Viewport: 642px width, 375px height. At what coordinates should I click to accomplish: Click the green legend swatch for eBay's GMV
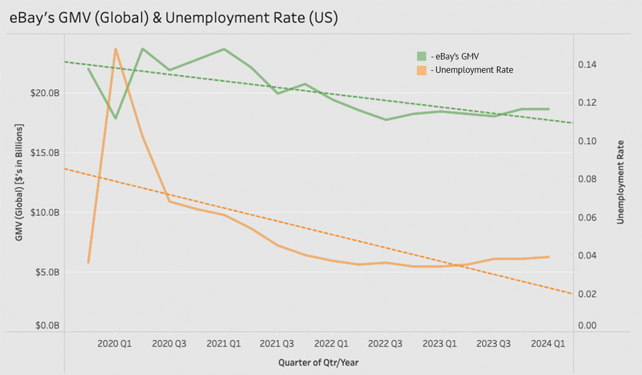(x=422, y=56)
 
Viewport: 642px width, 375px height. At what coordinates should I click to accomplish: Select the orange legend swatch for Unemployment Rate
(x=422, y=70)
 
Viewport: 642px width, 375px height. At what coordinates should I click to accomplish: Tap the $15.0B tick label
(x=44, y=153)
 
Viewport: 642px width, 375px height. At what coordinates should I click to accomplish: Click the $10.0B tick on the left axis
(x=44, y=213)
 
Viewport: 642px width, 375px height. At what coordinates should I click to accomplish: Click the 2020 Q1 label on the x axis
(x=115, y=343)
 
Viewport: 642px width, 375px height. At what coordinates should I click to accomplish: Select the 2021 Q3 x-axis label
(x=277, y=343)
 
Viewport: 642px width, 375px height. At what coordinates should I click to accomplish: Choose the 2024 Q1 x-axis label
(x=548, y=343)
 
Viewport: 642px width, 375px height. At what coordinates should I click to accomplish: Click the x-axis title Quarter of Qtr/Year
(x=318, y=363)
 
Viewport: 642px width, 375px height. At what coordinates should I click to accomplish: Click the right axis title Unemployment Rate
(x=621, y=182)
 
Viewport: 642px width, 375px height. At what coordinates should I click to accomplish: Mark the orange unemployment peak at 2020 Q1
(x=116, y=49)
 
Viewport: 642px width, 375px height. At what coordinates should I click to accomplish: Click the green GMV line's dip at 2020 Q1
(x=116, y=118)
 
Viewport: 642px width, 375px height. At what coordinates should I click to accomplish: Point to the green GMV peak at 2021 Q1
(x=224, y=49)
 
